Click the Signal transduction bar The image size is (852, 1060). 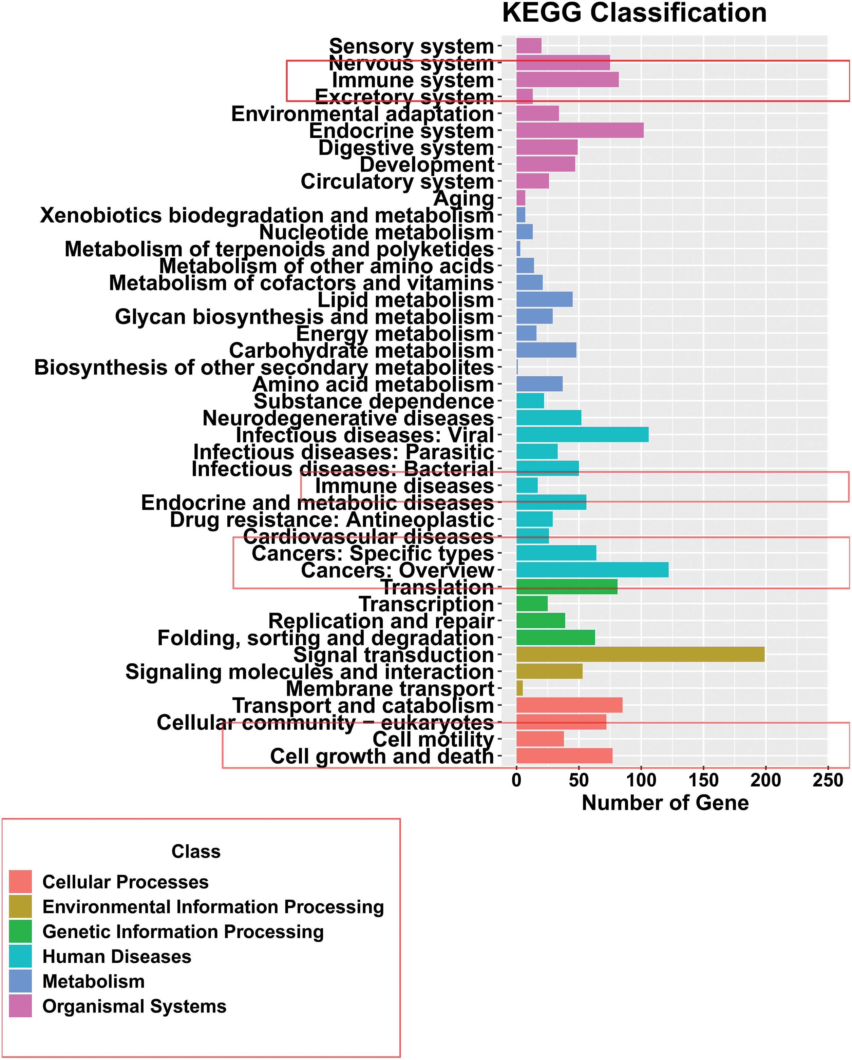640,654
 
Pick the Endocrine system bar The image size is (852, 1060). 580,130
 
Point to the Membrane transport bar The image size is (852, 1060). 519,688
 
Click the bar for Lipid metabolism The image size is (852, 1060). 544,299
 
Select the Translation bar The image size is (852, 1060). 567,587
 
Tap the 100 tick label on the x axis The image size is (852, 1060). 641,780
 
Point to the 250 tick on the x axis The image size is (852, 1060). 828,780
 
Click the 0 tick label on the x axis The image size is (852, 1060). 516,780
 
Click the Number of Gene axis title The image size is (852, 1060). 665,803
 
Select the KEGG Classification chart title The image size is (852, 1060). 634,13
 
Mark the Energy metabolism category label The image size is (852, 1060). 395,334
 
